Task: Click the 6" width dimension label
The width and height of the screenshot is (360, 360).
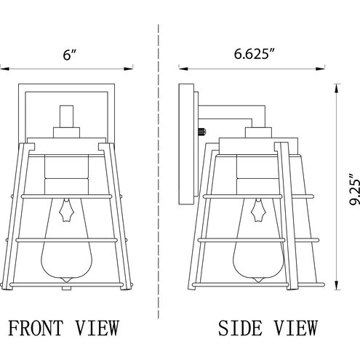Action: click(x=70, y=55)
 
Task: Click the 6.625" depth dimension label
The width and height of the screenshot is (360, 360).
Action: click(x=255, y=54)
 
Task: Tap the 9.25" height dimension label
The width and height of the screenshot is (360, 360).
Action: click(x=355, y=189)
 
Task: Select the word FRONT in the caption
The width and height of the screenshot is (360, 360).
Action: click(x=36, y=328)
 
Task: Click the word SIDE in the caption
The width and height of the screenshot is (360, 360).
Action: click(x=240, y=328)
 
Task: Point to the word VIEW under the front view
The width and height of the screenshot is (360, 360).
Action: click(x=97, y=328)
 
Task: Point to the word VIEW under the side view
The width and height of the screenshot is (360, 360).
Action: click(x=296, y=328)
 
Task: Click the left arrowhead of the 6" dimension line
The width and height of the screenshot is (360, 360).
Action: click(x=5, y=69)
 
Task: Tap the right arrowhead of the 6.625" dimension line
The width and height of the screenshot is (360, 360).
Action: click(x=320, y=69)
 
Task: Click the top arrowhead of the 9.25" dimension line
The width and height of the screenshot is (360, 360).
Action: click(x=336, y=89)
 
